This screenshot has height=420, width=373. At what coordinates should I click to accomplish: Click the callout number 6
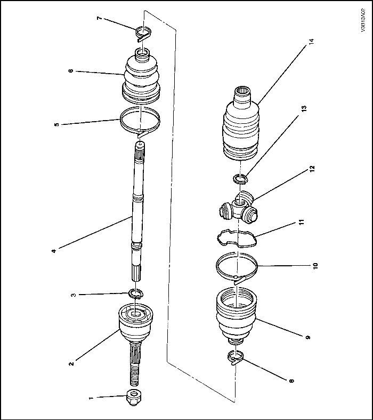(71, 70)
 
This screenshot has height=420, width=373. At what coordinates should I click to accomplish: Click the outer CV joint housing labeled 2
(134, 322)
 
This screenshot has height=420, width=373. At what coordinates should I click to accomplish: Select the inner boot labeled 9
(237, 315)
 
